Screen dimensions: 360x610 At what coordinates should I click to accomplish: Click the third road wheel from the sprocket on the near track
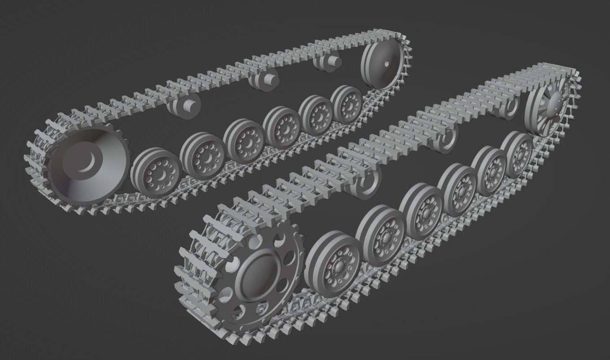422,211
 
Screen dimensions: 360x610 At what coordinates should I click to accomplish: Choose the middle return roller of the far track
264,81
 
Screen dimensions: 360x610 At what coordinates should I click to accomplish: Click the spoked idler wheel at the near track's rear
546,110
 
